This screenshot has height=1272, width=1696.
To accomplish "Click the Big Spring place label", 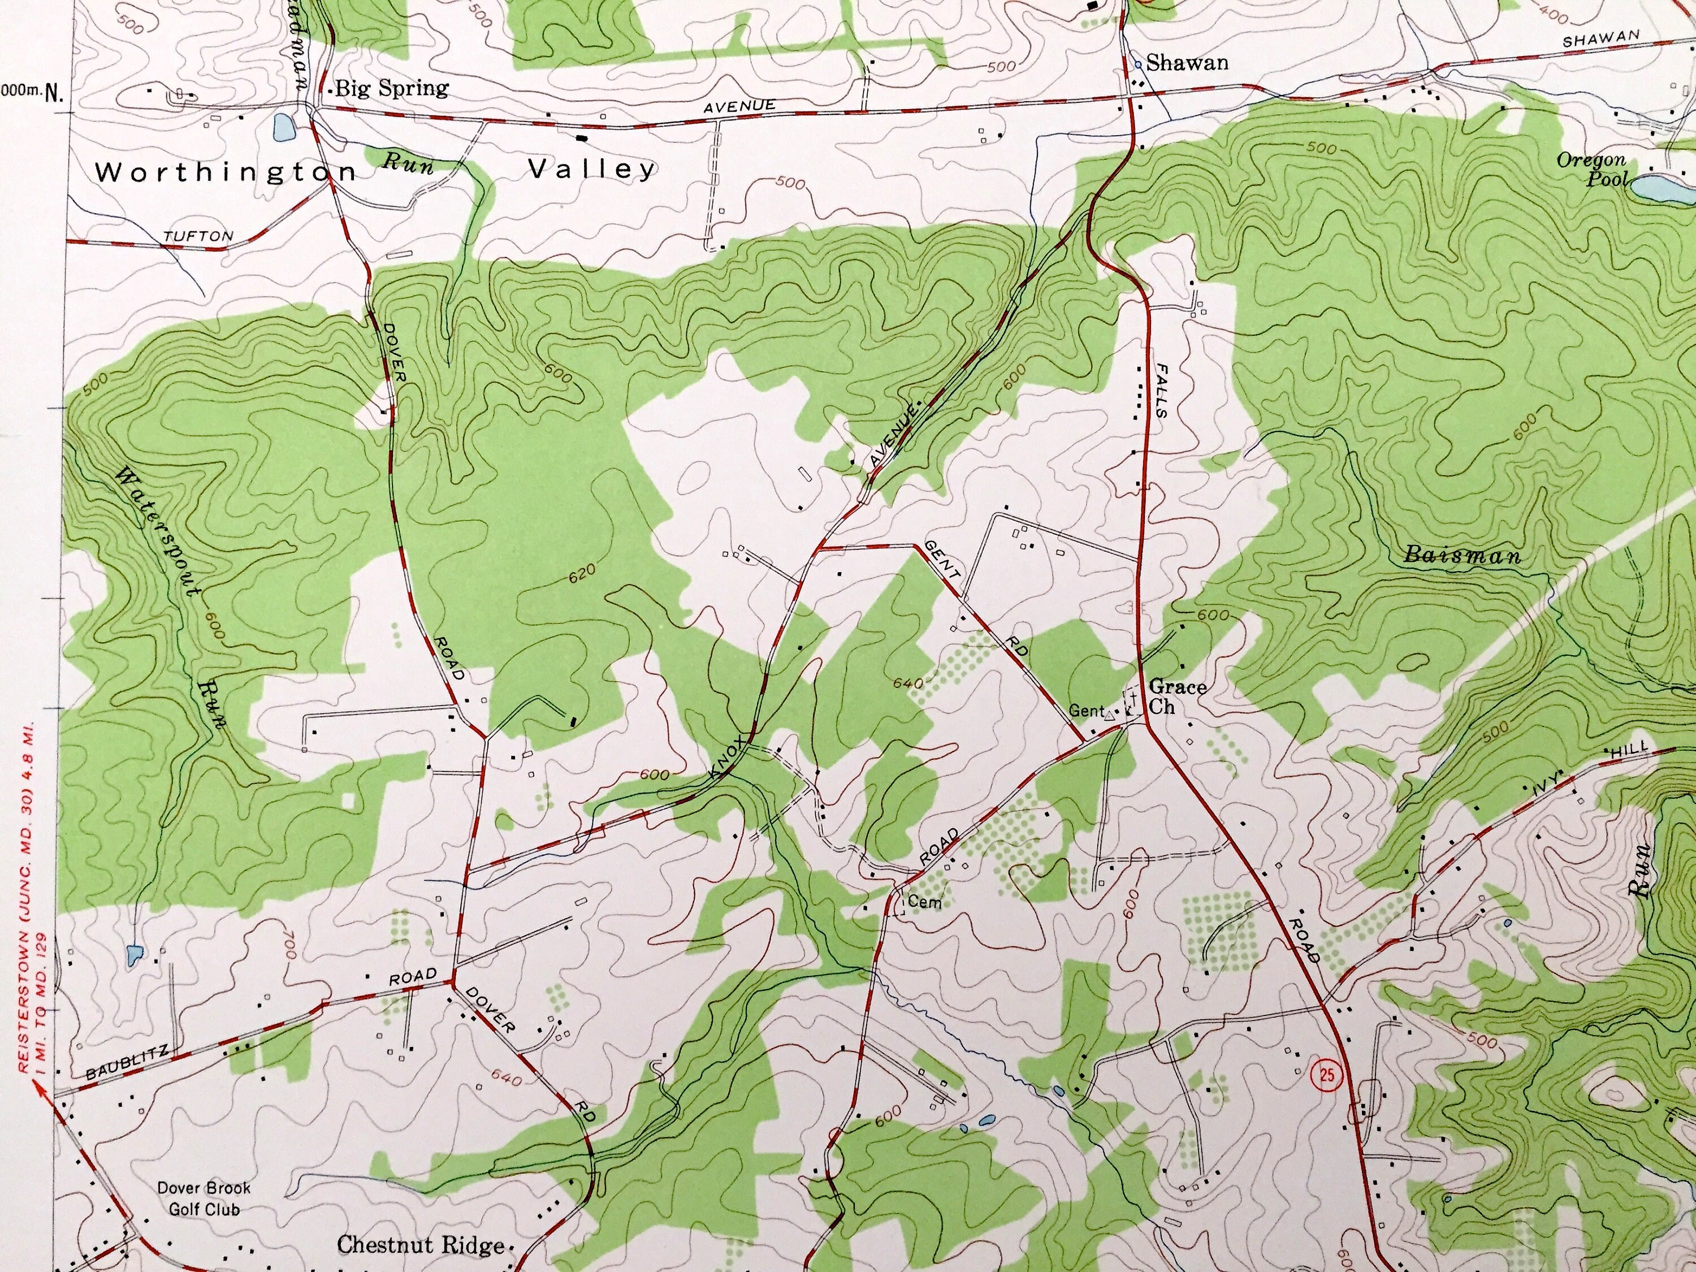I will [x=392, y=88].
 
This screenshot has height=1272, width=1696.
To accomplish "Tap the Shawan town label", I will [x=1187, y=63].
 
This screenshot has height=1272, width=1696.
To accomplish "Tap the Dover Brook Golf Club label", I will [x=204, y=1199].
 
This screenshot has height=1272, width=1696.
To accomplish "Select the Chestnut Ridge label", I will [x=421, y=1245].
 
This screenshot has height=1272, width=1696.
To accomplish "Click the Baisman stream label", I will [x=1461, y=555].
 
